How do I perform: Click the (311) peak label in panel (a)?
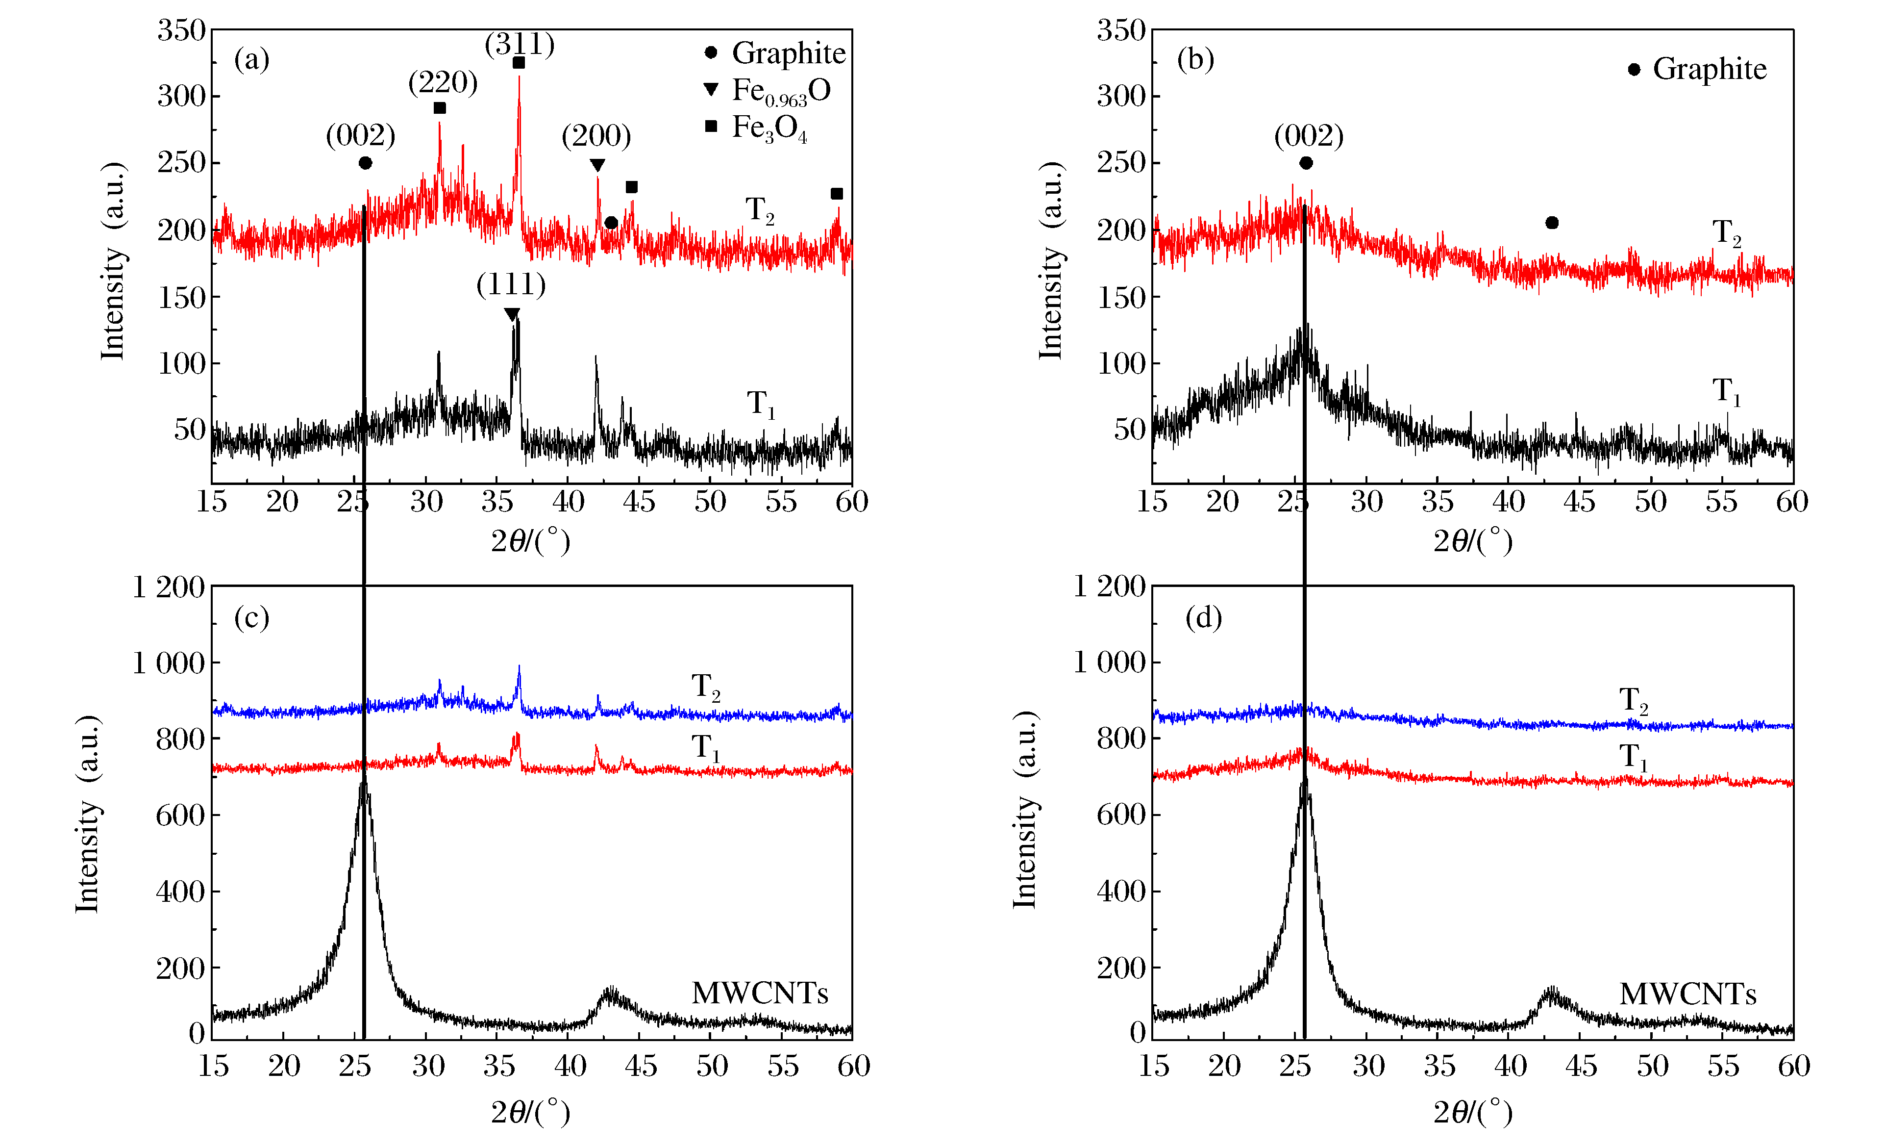pyautogui.click(x=520, y=45)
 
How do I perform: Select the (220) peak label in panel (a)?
pyautogui.click(x=443, y=82)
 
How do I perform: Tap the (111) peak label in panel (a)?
pyautogui.click(x=511, y=284)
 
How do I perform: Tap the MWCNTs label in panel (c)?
pyautogui.click(x=760, y=993)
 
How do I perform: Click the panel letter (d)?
pyautogui.click(x=1203, y=617)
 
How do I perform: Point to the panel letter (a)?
pyautogui.click(x=252, y=59)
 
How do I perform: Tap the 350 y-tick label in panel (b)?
pyautogui.click(x=1121, y=30)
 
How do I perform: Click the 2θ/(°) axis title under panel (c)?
pyautogui.click(x=531, y=1112)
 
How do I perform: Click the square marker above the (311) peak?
pyautogui.click(x=519, y=63)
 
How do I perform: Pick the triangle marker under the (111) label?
pyautogui.click(x=512, y=314)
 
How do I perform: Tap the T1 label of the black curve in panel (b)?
pyautogui.click(x=1726, y=392)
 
